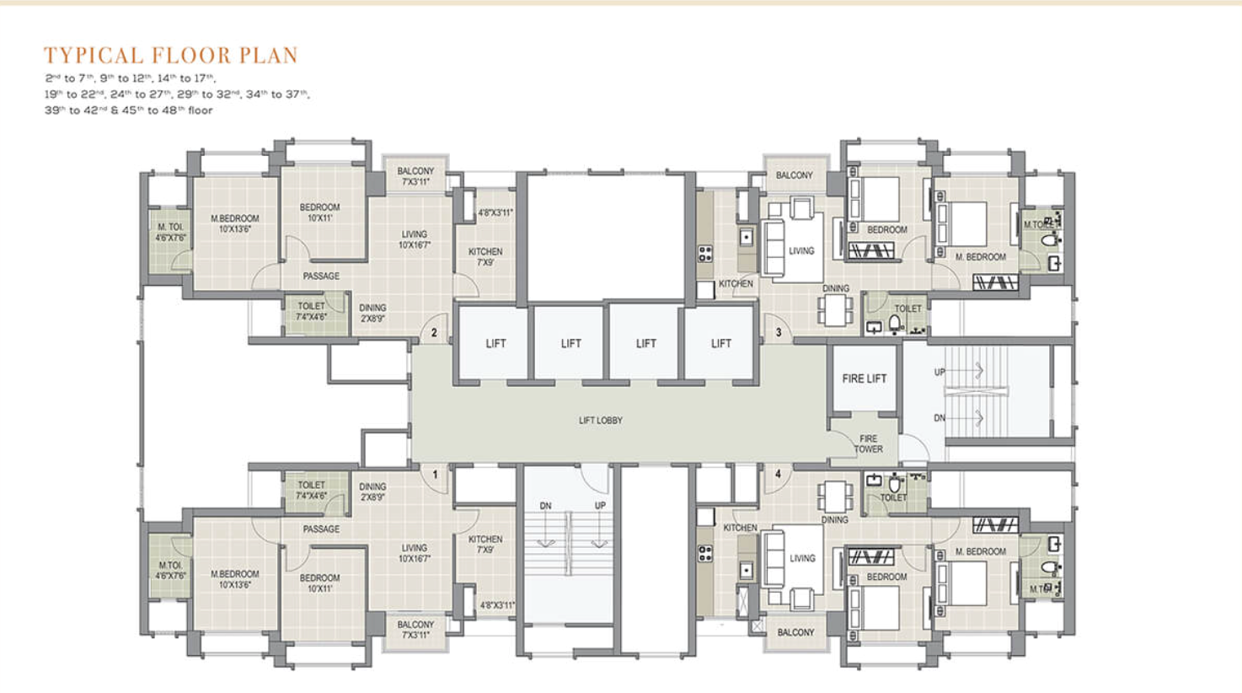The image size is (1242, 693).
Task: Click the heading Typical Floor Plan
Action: (171, 56)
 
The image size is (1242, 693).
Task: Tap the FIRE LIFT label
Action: (864, 379)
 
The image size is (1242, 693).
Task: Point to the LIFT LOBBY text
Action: (600, 420)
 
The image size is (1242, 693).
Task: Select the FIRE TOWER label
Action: (868, 444)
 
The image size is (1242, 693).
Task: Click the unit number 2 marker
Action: (434, 332)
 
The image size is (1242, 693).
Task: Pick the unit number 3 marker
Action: (778, 332)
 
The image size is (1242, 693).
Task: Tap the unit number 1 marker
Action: (435, 475)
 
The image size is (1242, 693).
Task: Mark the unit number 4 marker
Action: (778, 475)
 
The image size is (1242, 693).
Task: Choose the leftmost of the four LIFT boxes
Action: (495, 343)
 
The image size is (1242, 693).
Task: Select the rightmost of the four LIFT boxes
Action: (720, 343)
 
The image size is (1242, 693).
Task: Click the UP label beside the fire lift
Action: (940, 372)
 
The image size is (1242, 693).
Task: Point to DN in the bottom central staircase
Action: (545, 506)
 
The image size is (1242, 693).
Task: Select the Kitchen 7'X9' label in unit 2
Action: (485, 257)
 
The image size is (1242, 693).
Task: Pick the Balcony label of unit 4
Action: (795, 632)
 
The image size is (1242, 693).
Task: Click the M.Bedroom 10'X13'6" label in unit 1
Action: (234, 579)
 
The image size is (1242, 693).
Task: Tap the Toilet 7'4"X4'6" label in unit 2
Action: (311, 312)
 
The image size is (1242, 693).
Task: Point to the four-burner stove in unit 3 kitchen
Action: (705, 253)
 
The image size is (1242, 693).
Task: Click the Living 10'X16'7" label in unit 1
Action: (414, 553)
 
